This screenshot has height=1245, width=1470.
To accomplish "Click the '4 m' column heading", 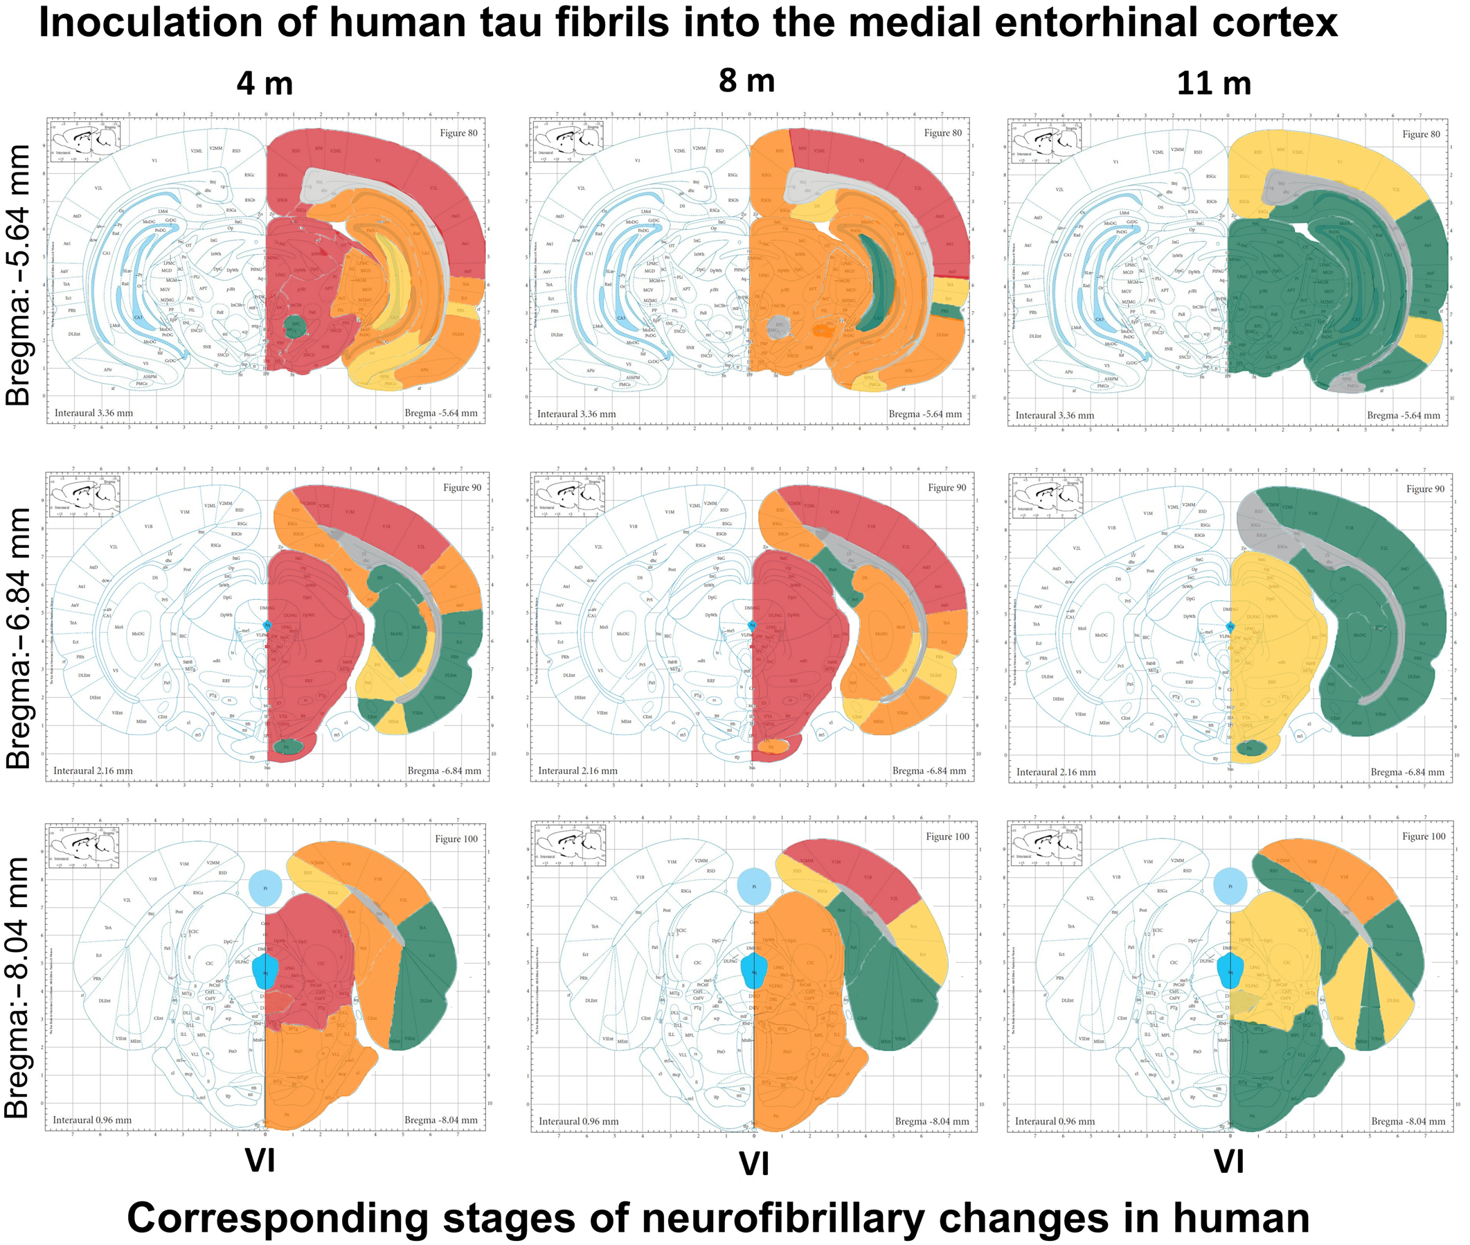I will tap(265, 84).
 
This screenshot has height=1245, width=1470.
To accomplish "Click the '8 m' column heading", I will tap(746, 81).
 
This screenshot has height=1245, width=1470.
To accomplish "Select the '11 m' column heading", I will tap(1213, 84).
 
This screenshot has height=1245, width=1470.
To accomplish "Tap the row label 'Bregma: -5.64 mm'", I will tap(18, 275).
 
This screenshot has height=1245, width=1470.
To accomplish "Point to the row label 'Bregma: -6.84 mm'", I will tap(18, 638).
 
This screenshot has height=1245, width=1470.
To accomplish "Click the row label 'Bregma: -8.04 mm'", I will tap(18, 988).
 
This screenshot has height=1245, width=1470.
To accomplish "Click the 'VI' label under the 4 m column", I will tap(260, 1160).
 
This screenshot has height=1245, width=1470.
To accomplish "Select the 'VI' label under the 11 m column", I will tap(1228, 1160).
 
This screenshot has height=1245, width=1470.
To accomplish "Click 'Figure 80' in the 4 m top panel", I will tap(458, 133).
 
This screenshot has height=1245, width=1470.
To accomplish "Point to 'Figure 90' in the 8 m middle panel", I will tap(947, 488).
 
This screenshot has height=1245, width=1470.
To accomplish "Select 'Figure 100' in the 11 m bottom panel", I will tap(1424, 836).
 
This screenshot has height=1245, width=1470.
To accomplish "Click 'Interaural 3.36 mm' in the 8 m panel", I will tap(576, 414).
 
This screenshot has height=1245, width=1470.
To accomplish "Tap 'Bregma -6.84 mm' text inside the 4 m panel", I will tap(445, 770).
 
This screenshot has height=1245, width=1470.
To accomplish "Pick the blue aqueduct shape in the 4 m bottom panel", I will tap(265, 971).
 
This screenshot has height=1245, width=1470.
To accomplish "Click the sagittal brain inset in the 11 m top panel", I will tap(1047, 143).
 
